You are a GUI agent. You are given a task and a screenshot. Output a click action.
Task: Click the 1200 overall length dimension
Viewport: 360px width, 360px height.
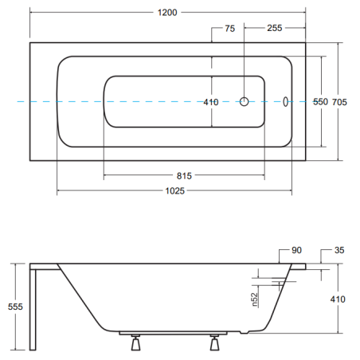167,13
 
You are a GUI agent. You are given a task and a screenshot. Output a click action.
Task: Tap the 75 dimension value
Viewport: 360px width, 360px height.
230,29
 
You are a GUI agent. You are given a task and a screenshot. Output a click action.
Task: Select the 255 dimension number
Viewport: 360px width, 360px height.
275,28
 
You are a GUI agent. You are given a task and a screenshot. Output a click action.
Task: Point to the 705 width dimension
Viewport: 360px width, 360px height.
339,102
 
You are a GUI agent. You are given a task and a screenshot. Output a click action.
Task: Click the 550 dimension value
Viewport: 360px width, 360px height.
320,102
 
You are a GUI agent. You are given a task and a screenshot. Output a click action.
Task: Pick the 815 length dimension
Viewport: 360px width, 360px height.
184,176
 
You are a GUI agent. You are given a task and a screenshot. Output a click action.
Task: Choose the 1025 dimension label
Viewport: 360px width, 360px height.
174,191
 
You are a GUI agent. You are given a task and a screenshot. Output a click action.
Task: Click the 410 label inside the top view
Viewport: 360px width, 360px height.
211,102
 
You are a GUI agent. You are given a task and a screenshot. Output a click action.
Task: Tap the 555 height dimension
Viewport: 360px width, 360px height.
15,307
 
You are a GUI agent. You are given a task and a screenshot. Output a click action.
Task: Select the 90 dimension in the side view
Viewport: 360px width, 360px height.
296,250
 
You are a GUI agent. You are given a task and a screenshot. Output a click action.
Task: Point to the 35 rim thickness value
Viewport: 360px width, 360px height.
339,250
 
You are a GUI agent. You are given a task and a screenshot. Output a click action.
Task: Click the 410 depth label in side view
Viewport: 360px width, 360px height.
338,299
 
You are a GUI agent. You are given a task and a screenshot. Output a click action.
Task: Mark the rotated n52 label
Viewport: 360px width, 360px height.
255,299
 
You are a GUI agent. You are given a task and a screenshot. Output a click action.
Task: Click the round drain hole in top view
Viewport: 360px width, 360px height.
244,101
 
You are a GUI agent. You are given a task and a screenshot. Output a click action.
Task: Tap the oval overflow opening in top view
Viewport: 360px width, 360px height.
285,101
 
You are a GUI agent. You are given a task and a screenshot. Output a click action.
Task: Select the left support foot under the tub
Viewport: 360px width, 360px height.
135,342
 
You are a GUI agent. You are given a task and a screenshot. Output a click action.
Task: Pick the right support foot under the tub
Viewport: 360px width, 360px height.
214,342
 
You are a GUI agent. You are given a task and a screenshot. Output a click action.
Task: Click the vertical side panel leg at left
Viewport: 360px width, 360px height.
33,310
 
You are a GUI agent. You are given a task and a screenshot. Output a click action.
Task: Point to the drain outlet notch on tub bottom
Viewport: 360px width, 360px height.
245,332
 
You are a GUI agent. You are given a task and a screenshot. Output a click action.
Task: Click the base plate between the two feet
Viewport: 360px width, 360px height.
173,333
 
